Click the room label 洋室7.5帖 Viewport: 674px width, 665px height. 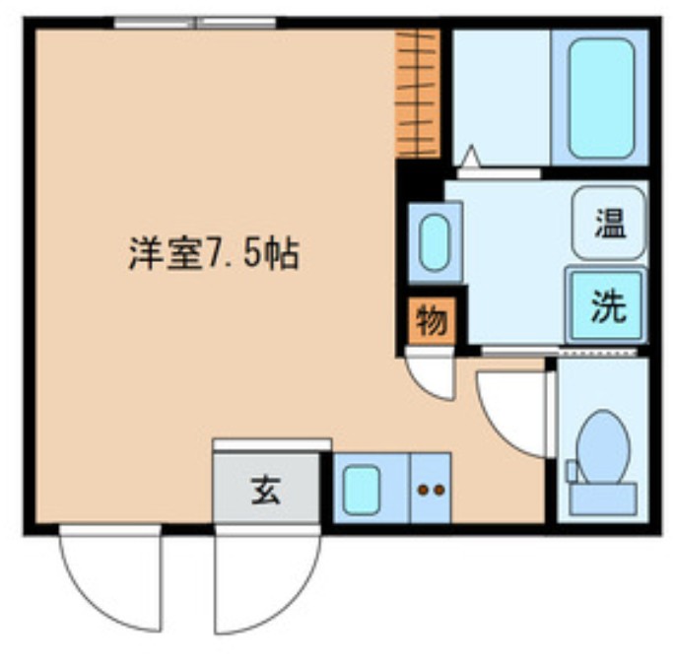click(212, 255)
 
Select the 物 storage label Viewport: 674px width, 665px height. click(431, 321)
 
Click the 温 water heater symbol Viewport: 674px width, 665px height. click(609, 223)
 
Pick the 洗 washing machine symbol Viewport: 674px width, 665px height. click(607, 306)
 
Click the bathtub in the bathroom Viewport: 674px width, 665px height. click(600, 98)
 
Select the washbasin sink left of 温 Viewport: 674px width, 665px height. click(435, 242)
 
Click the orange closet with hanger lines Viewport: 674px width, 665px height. click(417, 94)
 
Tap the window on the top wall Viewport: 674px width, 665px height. click(194, 23)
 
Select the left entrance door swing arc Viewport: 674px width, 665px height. click(108, 581)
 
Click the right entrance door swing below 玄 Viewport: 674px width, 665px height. click(266, 581)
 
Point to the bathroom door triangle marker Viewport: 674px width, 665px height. click(470, 157)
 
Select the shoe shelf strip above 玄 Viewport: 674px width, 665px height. click(272, 444)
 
